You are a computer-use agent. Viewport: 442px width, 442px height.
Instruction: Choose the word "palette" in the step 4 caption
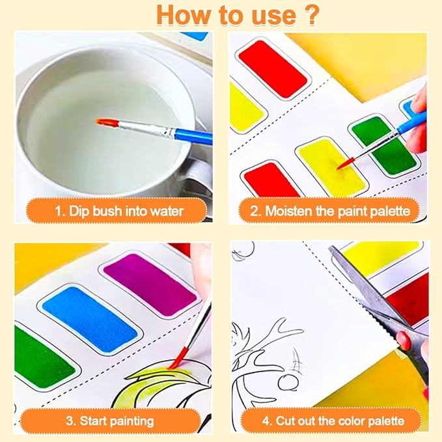point(383,420)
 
